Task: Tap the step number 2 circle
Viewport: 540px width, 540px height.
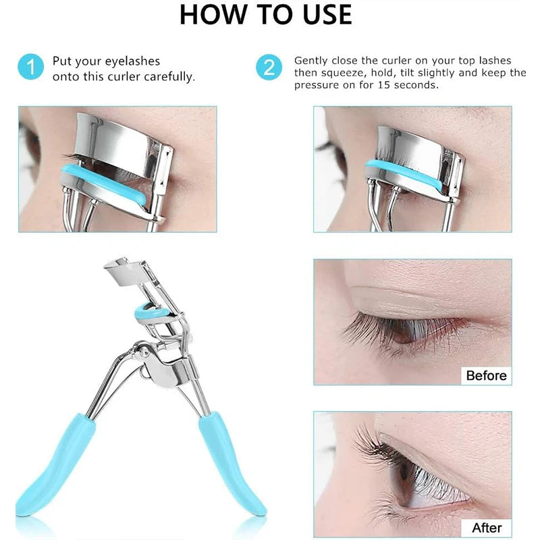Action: click(269, 67)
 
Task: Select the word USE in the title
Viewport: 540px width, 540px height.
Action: click(324, 15)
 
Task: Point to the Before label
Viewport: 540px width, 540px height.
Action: click(486, 375)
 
